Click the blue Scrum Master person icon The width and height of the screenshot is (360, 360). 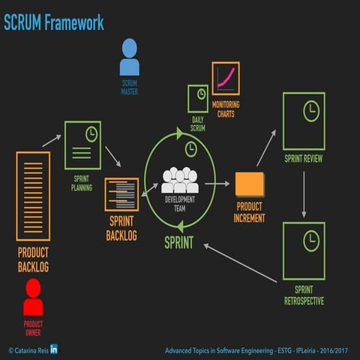click(x=129, y=58)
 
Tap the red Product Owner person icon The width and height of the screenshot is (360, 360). click(x=33, y=297)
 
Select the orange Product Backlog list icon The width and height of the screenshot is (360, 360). click(x=33, y=196)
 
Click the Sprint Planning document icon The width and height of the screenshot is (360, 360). click(x=82, y=145)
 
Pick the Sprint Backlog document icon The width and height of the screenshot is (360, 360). click(x=121, y=194)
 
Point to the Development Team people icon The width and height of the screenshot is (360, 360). click(x=180, y=181)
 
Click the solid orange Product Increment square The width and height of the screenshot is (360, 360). click(x=249, y=184)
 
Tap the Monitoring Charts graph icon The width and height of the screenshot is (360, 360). click(x=226, y=79)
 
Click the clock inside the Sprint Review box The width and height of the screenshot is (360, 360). click(x=310, y=111)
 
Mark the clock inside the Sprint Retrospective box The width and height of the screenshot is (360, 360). click(x=310, y=240)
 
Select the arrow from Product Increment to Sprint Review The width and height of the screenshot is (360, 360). click(x=266, y=148)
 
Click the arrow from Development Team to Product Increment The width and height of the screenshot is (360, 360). click(x=217, y=183)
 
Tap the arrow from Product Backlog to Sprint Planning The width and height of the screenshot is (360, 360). click(x=51, y=140)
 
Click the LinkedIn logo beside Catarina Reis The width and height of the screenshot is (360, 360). click(x=54, y=349)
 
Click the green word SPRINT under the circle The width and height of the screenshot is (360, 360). click(x=178, y=243)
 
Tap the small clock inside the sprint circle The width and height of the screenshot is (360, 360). click(x=190, y=148)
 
